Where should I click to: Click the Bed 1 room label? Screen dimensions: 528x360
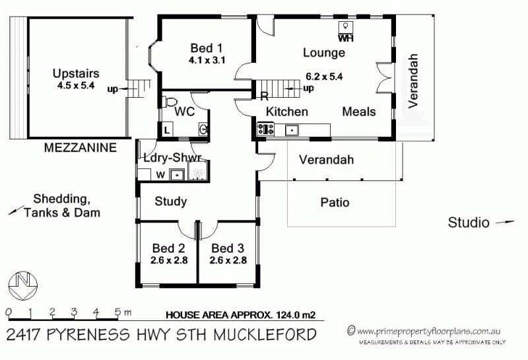point(206,48)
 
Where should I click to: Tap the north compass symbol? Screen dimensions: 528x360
point(22,285)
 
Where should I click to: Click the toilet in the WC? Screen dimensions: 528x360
point(170,101)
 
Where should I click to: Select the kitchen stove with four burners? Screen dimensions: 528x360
point(266,129)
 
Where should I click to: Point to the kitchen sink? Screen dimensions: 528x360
point(292,129)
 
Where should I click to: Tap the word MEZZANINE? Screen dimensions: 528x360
point(80,148)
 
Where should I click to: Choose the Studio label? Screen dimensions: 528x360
point(469,223)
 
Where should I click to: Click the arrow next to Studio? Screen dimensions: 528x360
point(505,222)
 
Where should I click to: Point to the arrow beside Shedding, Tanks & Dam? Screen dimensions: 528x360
point(16,210)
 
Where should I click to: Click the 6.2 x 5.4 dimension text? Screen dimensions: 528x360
point(324,77)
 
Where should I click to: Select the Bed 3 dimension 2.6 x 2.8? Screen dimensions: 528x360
point(228,260)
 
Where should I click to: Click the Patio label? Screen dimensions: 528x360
point(335,202)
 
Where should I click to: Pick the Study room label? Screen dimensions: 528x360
point(171,201)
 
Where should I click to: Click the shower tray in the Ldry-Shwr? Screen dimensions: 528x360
point(197,171)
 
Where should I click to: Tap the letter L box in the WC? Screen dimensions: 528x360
point(167,130)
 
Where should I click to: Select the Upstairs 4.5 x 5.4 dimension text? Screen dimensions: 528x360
point(76,85)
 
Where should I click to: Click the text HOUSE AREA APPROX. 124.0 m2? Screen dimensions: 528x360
point(241,315)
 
